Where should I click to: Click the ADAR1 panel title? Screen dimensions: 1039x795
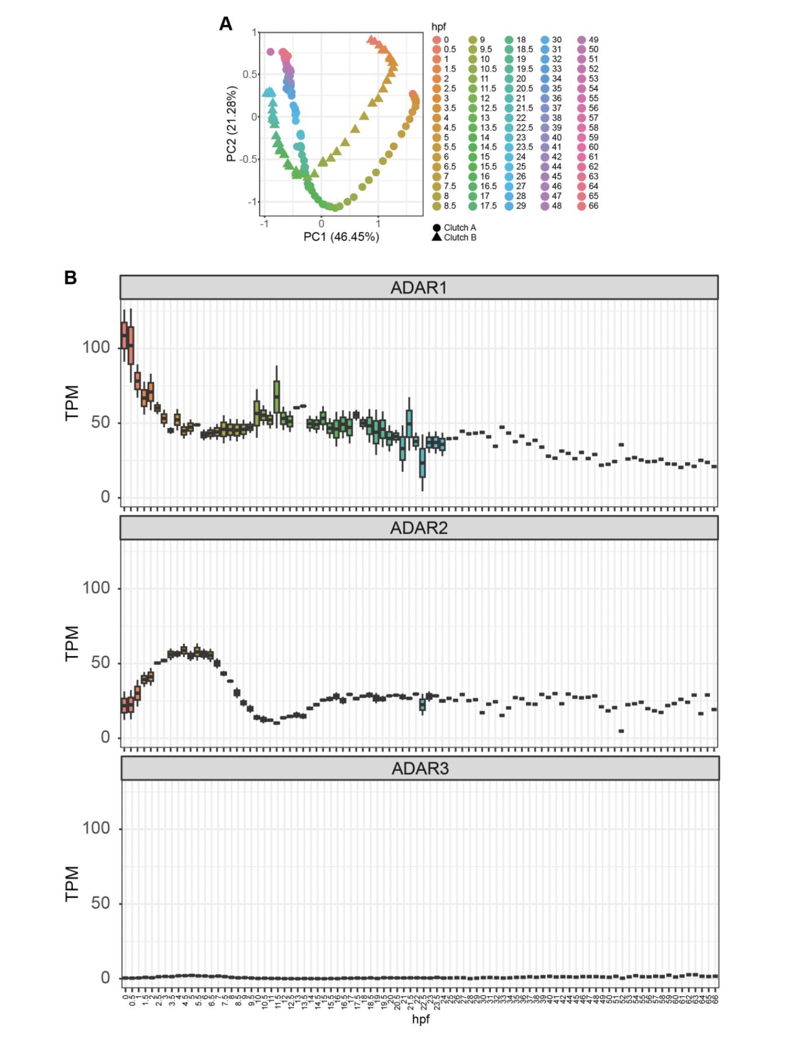click(419, 288)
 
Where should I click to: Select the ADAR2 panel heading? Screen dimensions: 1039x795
click(419, 528)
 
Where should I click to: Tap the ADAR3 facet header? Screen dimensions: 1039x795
click(420, 768)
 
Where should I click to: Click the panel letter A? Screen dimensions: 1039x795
click(225, 24)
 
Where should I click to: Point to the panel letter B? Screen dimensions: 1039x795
click(71, 278)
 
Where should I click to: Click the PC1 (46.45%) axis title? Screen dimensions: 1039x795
click(341, 236)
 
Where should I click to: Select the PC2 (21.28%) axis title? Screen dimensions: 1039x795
click(232, 124)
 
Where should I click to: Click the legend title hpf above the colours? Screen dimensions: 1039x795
click(438, 27)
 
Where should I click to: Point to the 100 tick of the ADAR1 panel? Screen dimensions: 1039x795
click(96, 347)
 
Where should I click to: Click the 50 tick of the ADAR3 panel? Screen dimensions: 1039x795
click(100, 903)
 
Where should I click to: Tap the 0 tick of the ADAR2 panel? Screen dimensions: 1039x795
click(105, 737)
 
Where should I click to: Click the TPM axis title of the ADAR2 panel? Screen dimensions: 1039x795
click(72, 643)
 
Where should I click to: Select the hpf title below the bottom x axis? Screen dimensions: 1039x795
click(420, 1019)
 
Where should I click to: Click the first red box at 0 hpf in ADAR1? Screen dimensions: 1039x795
click(124, 335)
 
